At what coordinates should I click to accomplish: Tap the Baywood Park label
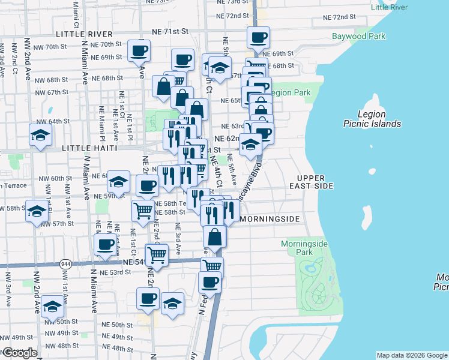pyautogui.click(x=358, y=36)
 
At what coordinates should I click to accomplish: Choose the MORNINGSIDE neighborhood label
pyautogui.click(x=270, y=220)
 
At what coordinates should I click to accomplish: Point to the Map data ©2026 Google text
pyautogui.click(x=412, y=355)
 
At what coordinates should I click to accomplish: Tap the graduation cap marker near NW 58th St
pyautogui.click(x=37, y=211)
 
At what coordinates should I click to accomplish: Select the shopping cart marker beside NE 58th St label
pyautogui.click(x=143, y=211)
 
